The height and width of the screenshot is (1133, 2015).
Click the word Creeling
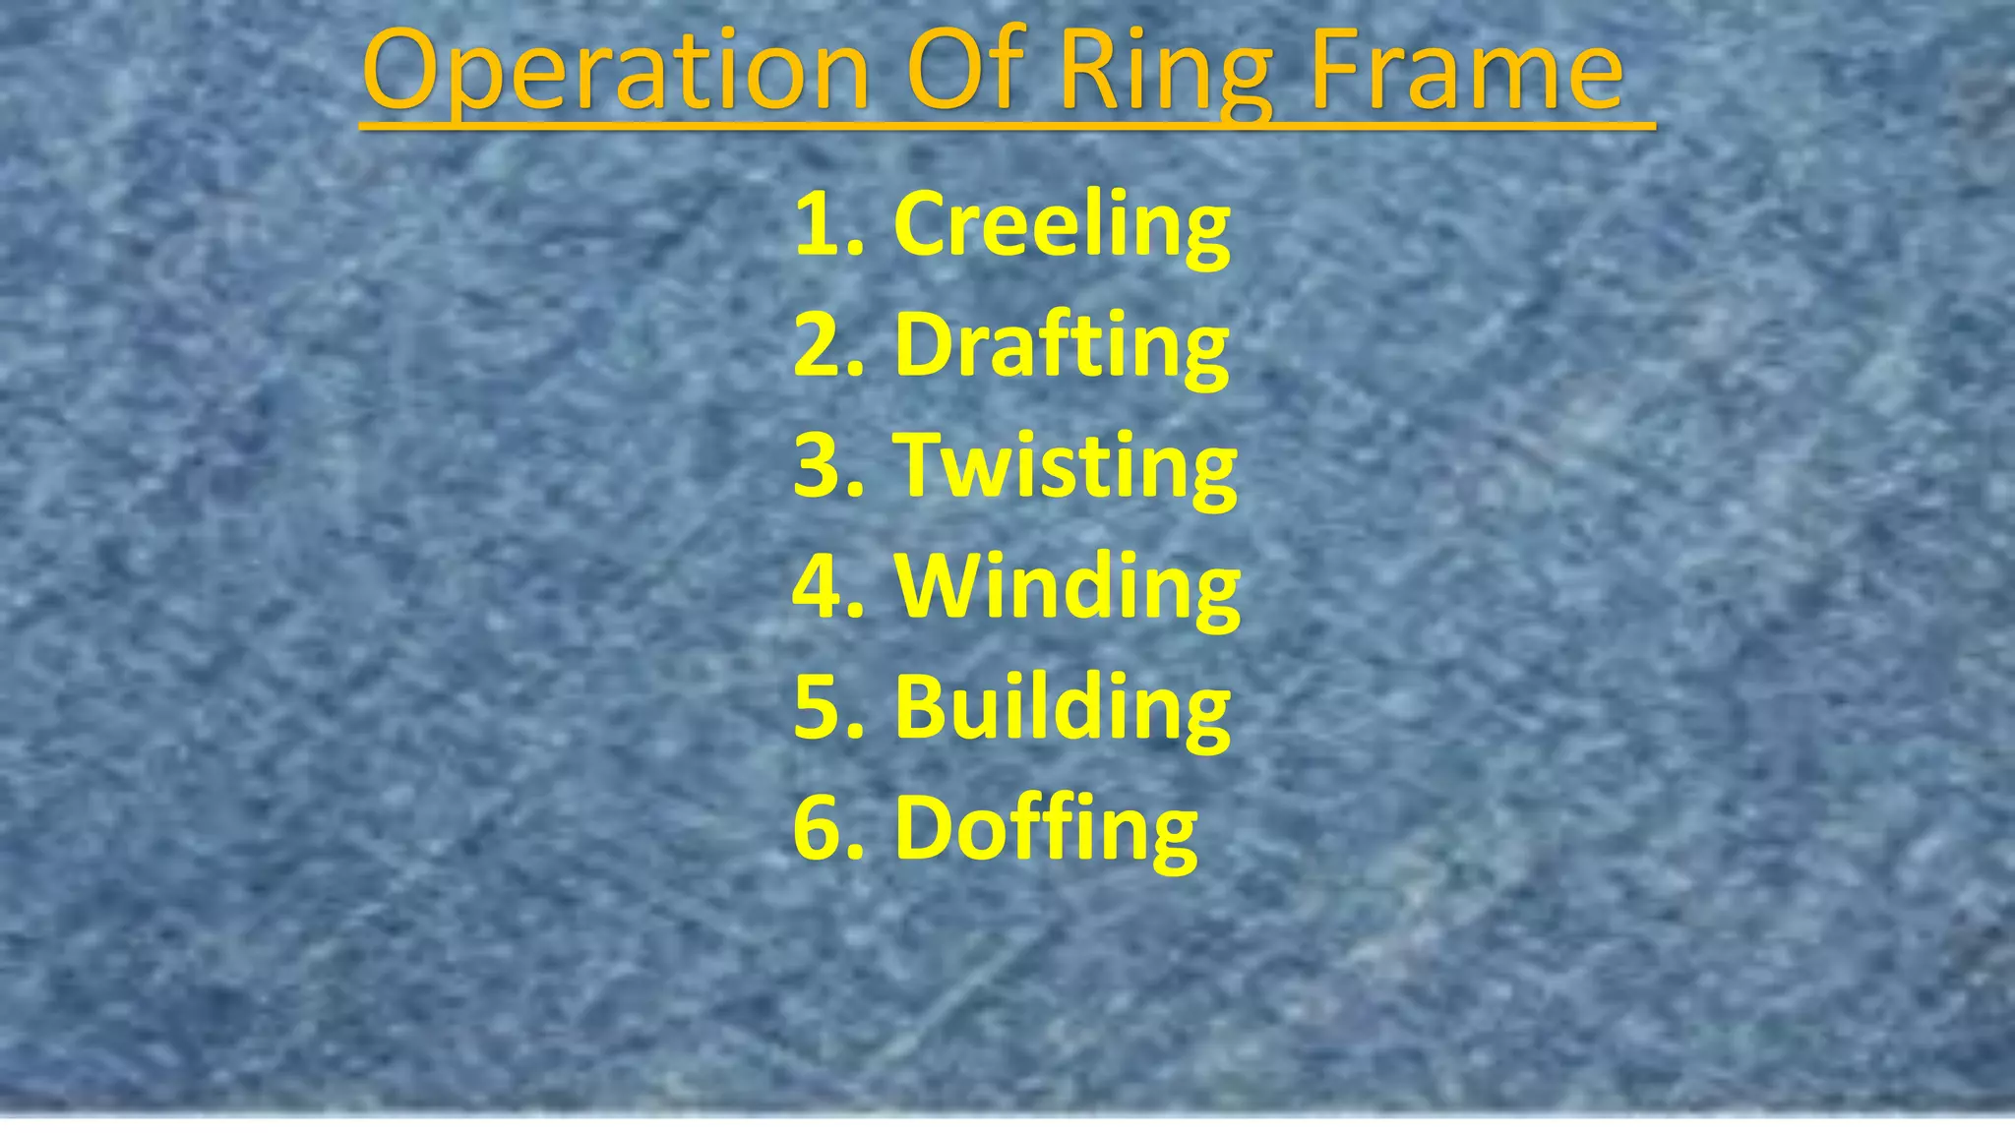click(x=1062, y=225)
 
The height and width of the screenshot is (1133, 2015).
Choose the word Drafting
click(x=1062, y=346)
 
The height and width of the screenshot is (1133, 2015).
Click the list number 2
click(x=821, y=346)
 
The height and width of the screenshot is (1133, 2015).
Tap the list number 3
click(x=821, y=466)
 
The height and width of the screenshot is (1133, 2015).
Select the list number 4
click(x=821, y=587)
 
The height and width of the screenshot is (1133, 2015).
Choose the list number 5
click(x=821, y=707)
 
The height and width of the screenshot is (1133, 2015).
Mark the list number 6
click(x=821, y=828)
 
